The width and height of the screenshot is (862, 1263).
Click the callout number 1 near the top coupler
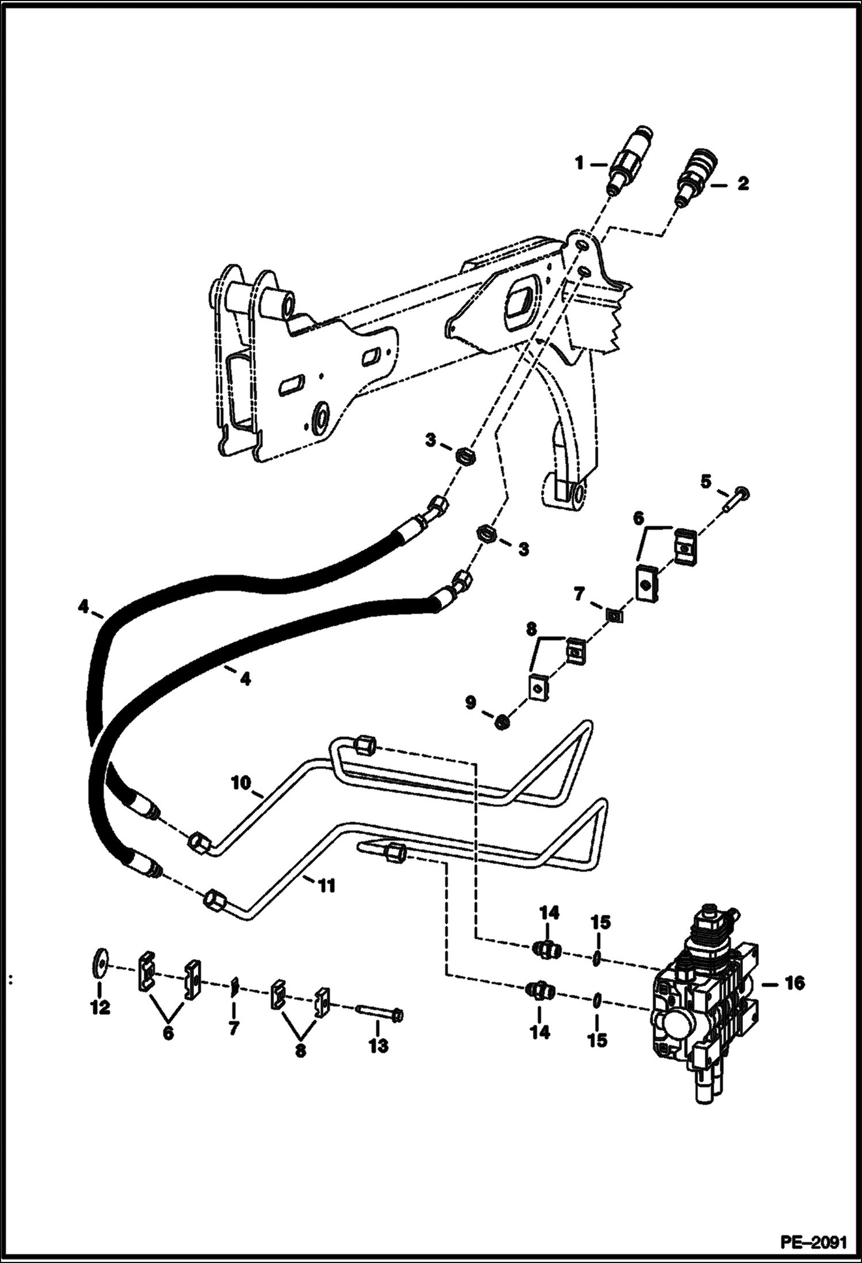coord(580,164)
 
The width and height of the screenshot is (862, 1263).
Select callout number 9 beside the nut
coord(471,703)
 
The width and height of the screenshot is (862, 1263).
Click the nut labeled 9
coord(501,722)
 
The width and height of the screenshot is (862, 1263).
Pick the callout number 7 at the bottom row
coord(233,1028)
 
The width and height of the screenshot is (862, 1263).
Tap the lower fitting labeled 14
coord(540,991)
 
